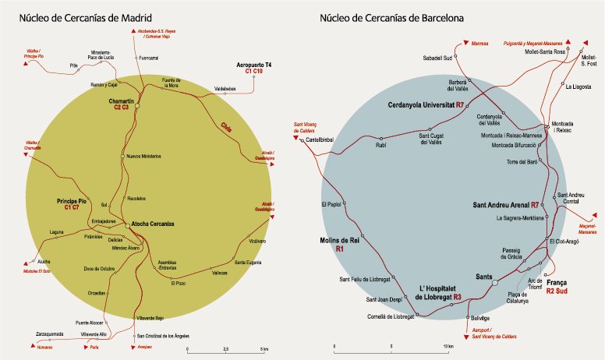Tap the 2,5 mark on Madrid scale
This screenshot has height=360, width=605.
(225, 348)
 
